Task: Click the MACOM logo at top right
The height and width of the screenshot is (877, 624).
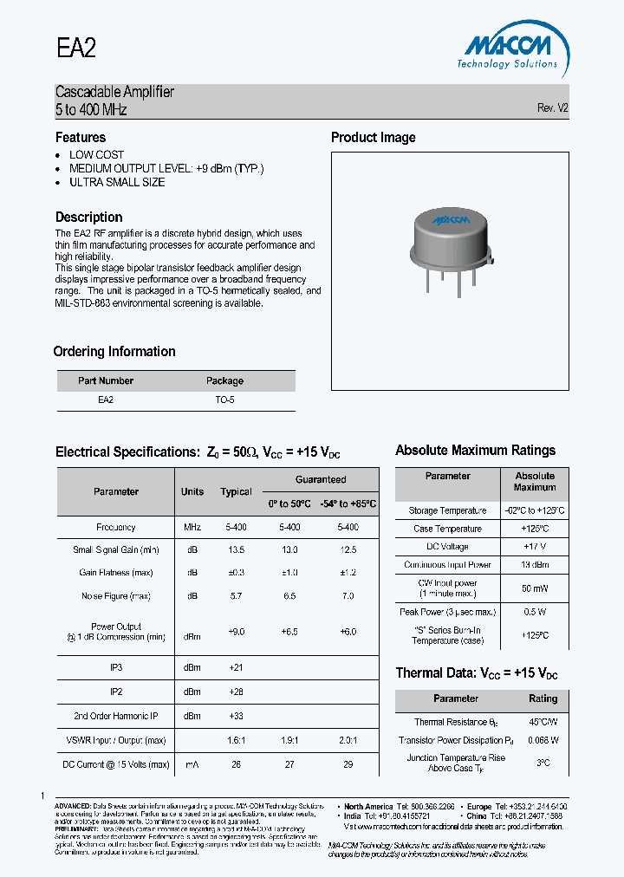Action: pos(507,48)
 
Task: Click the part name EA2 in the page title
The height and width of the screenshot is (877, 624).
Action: pos(75,49)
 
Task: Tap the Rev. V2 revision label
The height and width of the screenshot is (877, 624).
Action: pos(552,108)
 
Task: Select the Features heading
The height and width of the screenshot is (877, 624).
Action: pos(81,138)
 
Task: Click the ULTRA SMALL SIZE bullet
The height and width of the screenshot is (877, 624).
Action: pos(117,183)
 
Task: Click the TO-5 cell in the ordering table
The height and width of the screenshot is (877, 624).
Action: pos(224,400)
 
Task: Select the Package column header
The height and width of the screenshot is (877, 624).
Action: pos(224,380)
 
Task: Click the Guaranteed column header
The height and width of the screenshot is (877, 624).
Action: pos(320,479)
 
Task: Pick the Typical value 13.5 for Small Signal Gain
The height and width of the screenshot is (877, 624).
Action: pos(236,549)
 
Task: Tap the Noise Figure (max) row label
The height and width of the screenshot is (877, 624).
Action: pos(115,596)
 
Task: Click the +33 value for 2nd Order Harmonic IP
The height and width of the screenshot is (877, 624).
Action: pos(236,716)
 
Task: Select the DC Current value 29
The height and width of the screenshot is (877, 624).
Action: pos(348,764)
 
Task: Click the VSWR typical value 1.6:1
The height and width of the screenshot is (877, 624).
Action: pos(236,741)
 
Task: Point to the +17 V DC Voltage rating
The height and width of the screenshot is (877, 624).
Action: pos(535,547)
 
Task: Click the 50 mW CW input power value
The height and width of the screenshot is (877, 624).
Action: pos(535,588)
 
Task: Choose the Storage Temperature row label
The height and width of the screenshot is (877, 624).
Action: pos(447,511)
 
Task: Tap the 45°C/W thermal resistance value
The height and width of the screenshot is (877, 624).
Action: pos(543,722)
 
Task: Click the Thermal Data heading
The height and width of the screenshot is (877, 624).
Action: pos(476,673)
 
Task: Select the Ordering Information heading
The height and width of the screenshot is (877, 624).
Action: pos(114,352)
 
